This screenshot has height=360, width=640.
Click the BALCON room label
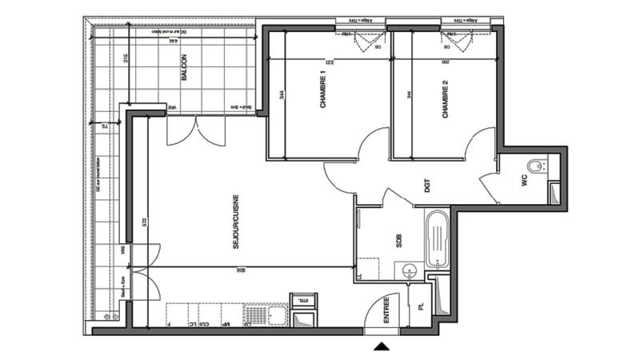coord(184,67)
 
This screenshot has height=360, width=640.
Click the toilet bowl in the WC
coord(540,166)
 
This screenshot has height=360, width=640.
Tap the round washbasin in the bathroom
coord(410,270)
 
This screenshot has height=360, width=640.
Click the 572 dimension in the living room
coord(145,225)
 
